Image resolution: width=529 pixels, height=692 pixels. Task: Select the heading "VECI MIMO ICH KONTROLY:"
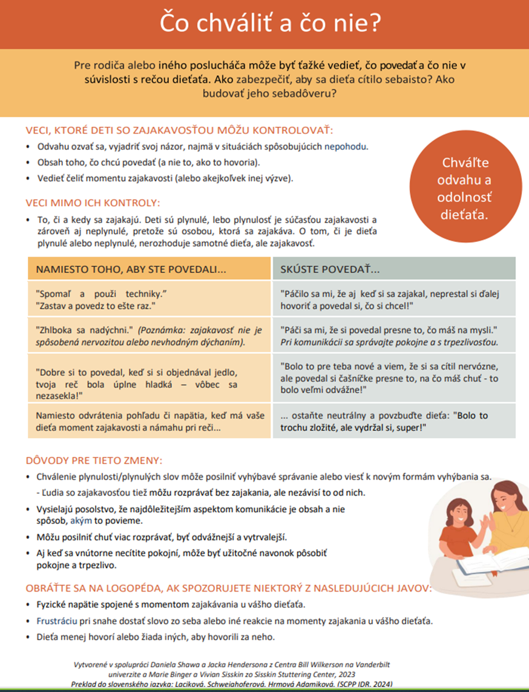93,203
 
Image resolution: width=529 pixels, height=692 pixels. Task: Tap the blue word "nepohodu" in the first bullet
346,146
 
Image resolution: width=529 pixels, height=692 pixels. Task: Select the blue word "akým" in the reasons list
81,520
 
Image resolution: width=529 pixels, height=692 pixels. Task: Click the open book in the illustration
484,566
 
